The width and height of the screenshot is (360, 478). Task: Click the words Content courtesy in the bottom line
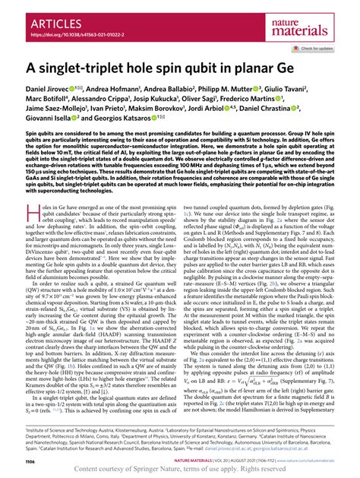point(100,466)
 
